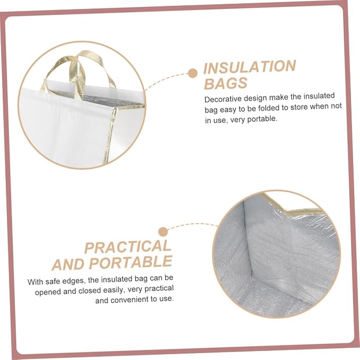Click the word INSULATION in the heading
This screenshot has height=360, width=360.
point(250,67)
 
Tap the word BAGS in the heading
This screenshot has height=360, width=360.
point(226,84)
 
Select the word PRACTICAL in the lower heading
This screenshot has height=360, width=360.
point(128,247)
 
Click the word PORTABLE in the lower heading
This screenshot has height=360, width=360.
point(130,262)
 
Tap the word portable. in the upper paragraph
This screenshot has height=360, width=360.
point(262,119)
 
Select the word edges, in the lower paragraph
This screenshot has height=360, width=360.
point(74,281)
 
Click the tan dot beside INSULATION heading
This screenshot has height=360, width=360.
point(192,73)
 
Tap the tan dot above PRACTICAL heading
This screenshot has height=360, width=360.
point(163,232)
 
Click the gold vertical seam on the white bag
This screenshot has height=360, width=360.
point(110,135)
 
